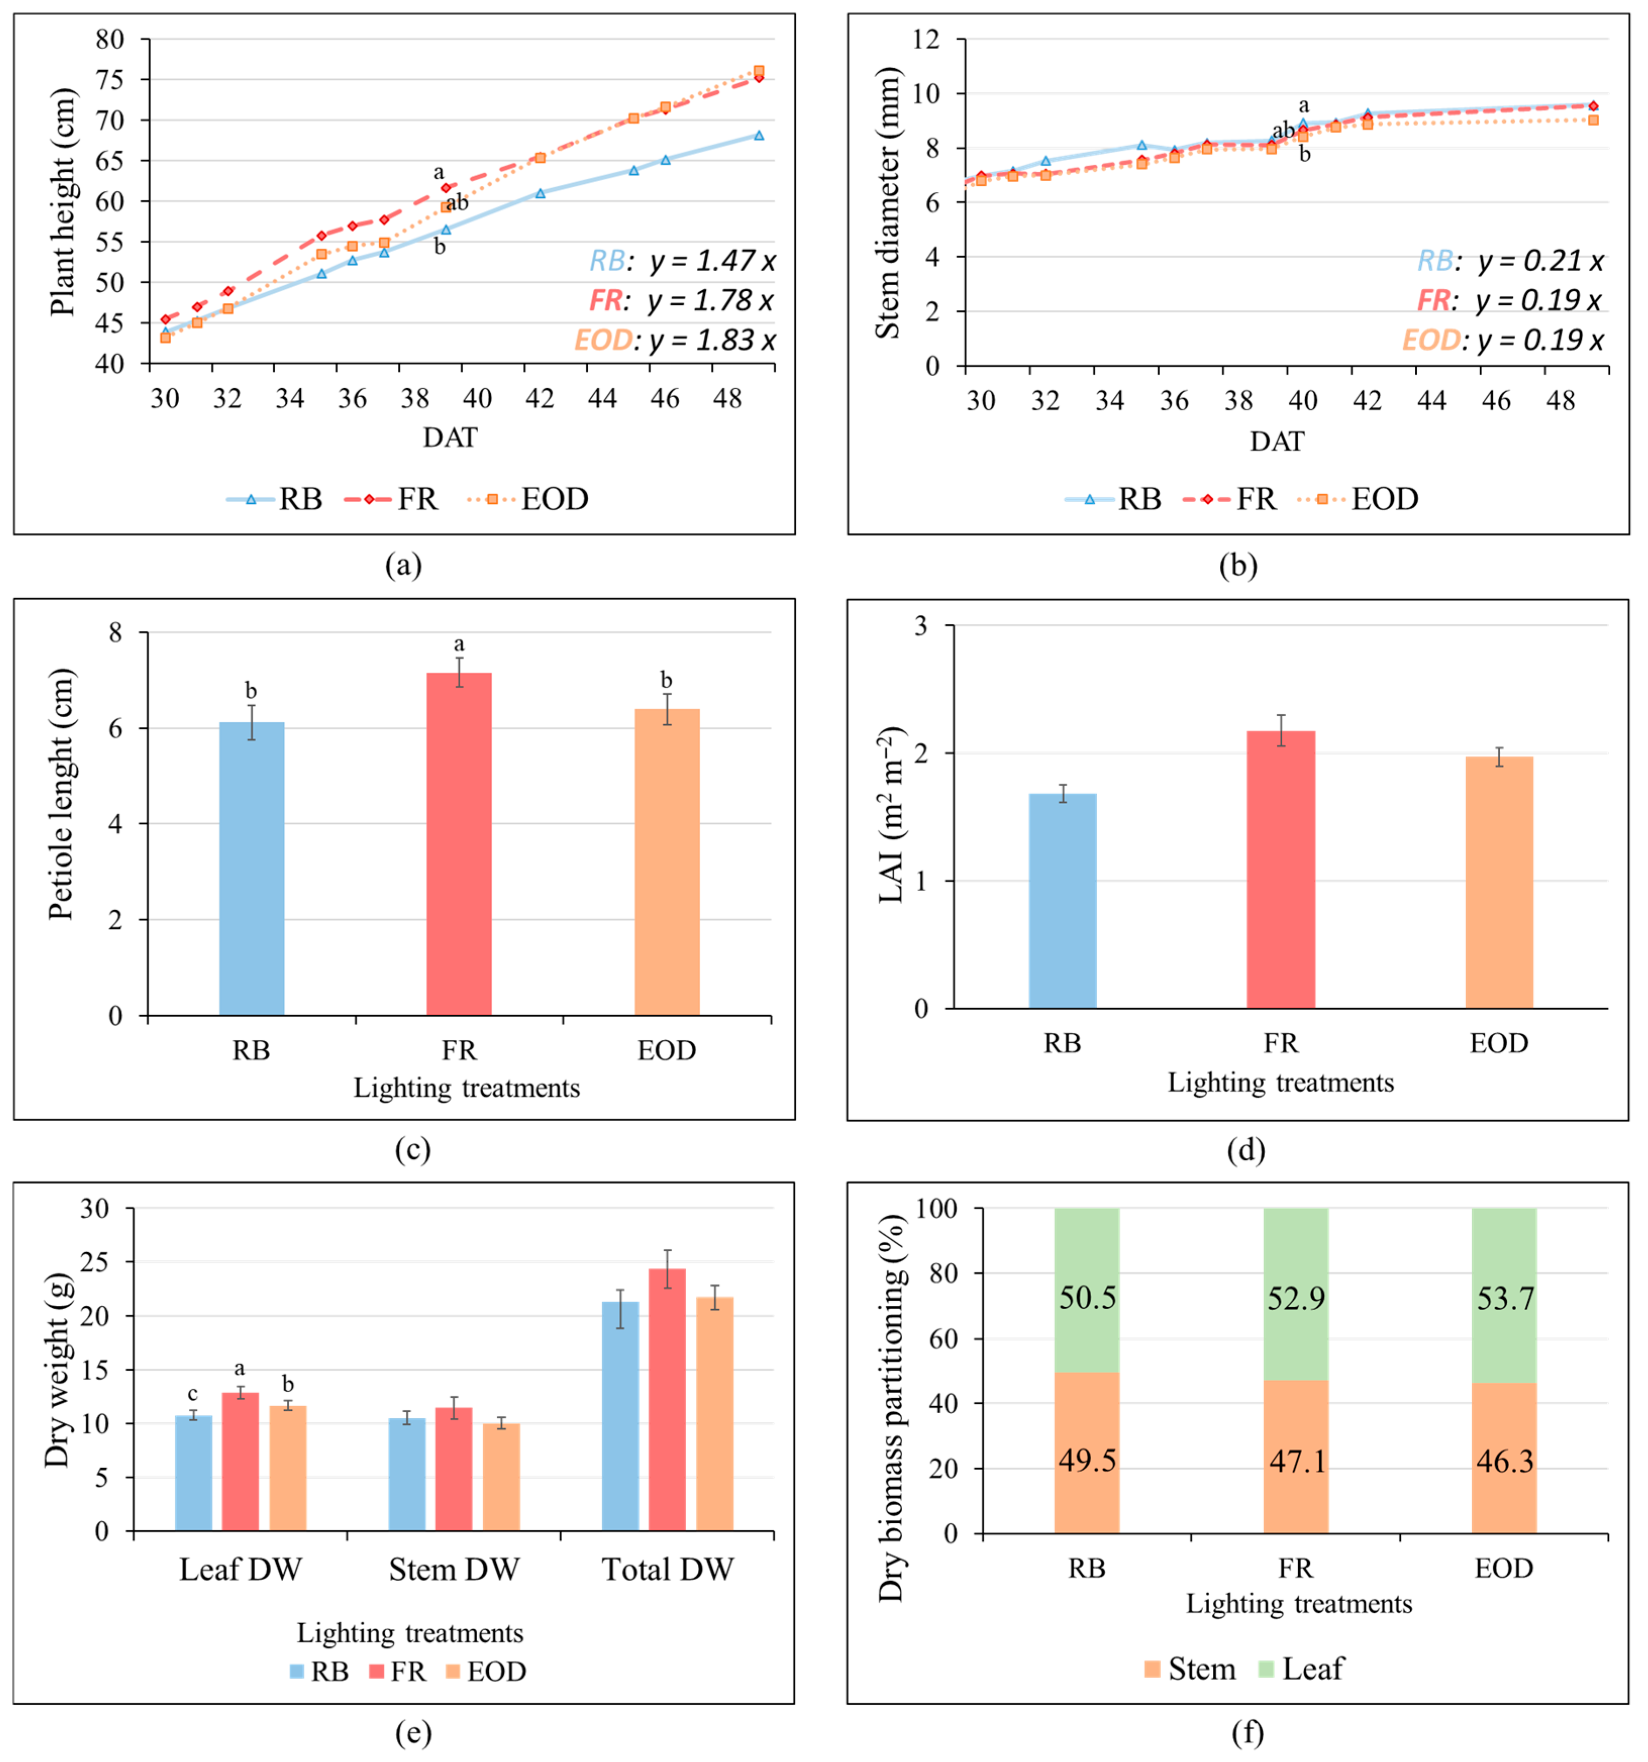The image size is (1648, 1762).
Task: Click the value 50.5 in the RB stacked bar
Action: [1087, 1299]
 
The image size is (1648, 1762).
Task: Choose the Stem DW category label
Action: [454, 1570]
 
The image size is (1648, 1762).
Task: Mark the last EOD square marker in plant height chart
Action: [759, 71]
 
